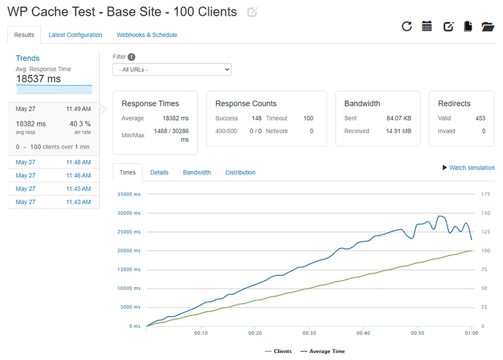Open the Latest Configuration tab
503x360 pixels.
pos(75,35)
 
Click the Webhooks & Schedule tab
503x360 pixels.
pos(146,35)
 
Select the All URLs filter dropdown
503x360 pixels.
pos(172,70)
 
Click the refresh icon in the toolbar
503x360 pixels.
pos(407,26)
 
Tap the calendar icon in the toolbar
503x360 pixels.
pos(427,26)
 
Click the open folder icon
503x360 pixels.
pos(488,26)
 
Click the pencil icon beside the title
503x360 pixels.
pos(252,13)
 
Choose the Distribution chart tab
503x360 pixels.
pos(240,172)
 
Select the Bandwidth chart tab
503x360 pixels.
pos(197,172)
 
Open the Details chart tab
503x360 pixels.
pos(159,172)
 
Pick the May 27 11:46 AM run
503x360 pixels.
pos(53,175)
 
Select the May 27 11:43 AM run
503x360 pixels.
pos(53,202)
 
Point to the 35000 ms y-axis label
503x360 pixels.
pos(130,194)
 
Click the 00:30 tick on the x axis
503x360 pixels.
pos(308,333)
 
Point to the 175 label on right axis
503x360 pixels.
pos(485,194)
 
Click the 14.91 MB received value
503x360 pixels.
pos(399,131)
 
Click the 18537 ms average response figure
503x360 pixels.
pos(38,79)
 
